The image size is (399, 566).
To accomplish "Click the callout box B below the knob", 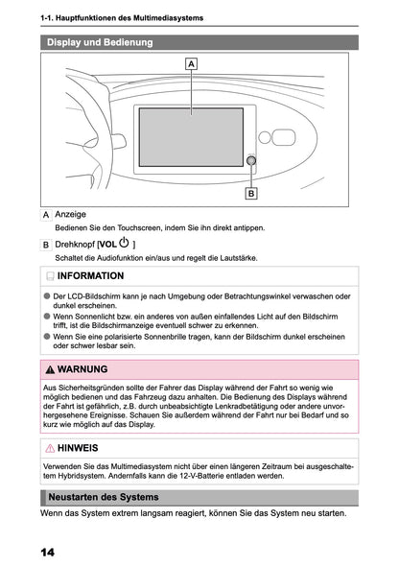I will point(251,193).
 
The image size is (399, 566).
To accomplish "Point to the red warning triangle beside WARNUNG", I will point(50,368).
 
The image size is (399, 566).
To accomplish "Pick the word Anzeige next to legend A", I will point(72,213).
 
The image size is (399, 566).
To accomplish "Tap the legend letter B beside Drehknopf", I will point(46,245).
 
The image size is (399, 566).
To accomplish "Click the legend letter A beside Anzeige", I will point(46,214).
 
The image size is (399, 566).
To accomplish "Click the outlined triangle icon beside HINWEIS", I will point(50,447).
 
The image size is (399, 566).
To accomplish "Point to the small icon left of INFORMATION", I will point(49,275).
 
